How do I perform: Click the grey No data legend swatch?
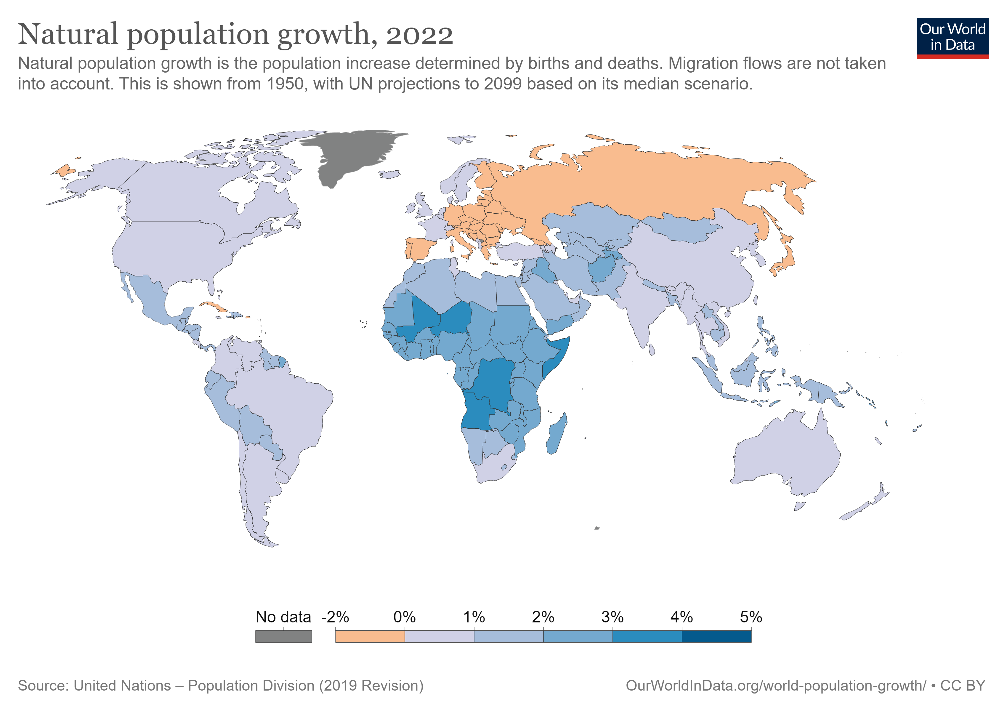283,636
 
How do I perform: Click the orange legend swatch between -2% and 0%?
369,636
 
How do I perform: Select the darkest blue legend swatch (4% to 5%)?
716,636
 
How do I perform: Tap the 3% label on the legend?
612,617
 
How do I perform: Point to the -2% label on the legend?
335,617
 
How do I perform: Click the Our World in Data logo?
952,38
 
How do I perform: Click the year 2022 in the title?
419,35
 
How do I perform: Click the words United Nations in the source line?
122,686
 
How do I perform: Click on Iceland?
389,174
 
